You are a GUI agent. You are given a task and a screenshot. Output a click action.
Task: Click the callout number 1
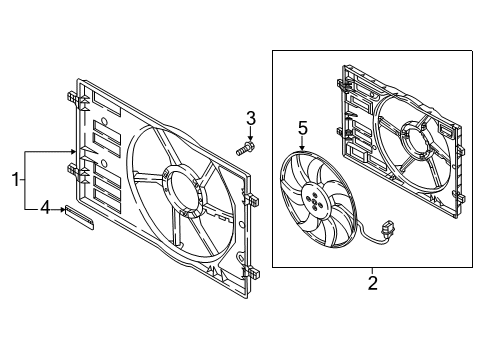tap(15, 180)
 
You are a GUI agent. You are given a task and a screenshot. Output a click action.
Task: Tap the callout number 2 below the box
tap(372, 283)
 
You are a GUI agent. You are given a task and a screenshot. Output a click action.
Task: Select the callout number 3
tap(251, 118)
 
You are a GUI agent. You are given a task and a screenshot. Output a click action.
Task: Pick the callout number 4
tap(45, 208)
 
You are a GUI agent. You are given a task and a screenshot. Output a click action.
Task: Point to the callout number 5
tap(302, 128)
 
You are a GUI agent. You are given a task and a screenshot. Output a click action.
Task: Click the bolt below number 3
tap(245, 148)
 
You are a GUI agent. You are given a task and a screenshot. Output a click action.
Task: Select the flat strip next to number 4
tap(79, 217)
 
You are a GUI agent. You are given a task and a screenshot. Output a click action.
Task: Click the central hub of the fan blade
tap(314, 200)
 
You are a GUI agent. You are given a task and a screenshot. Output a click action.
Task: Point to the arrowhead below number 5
tap(302, 148)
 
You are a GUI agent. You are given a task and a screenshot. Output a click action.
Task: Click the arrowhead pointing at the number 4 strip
tap(62, 209)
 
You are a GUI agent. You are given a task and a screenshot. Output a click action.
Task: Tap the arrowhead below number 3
tap(251, 139)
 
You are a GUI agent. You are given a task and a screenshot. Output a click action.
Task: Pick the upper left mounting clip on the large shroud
tap(74, 98)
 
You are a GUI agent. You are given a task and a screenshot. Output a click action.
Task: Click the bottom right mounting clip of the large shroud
tap(252, 273)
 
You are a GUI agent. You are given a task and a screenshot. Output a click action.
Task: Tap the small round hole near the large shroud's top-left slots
tap(104, 121)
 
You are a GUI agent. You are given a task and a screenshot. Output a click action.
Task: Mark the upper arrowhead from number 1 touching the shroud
tap(73, 152)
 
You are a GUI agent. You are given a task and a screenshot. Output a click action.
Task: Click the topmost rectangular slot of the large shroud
tap(106, 103)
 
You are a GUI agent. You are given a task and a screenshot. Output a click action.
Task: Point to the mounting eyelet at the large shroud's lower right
tap(240, 257)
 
